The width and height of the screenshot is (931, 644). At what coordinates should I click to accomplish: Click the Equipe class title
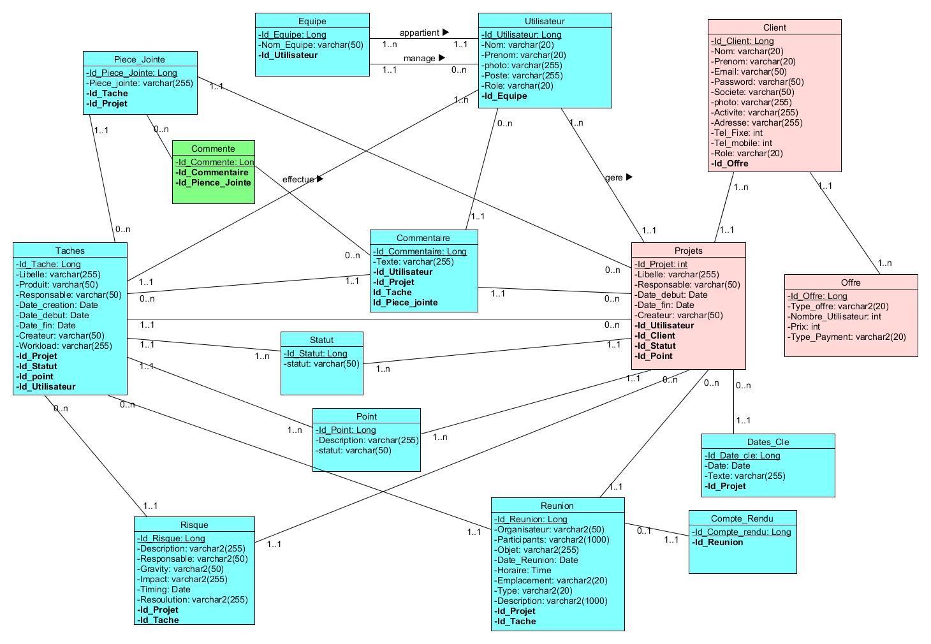[312, 21]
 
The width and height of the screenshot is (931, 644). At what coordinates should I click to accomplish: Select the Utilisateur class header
[545, 21]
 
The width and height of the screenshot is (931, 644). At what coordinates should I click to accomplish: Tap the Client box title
[774, 27]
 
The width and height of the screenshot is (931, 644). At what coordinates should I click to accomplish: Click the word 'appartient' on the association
[419, 33]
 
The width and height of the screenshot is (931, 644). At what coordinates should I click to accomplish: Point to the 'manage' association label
[419, 58]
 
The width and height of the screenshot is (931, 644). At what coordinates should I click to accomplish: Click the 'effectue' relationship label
[298, 179]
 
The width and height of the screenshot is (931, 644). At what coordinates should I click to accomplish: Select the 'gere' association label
[613, 177]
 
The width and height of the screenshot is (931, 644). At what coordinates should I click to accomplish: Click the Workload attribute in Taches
[64, 346]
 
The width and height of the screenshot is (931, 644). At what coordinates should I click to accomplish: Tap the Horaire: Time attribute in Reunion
[524, 570]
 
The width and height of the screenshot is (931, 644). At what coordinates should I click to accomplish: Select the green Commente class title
[213, 149]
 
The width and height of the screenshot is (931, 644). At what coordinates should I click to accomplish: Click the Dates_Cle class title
[768, 442]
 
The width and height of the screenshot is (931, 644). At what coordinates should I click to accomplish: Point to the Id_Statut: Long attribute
[316, 353]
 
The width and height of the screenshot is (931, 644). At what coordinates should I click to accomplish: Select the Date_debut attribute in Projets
[671, 295]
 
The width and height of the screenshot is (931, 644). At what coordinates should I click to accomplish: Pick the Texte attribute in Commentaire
[414, 261]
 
